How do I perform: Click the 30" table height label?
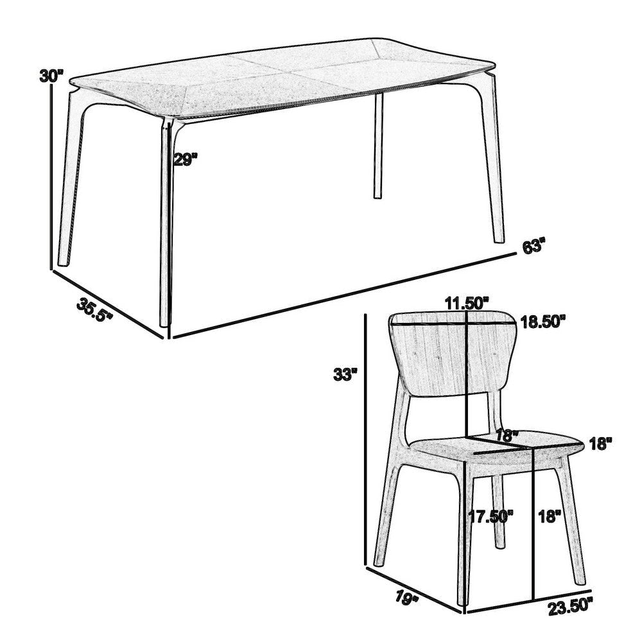click(51, 76)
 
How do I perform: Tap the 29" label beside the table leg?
click(186, 159)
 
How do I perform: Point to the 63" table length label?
click(534, 247)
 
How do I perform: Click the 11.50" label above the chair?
click(467, 304)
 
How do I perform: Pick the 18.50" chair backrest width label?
click(543, 322)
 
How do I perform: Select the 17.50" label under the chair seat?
click(491, 516)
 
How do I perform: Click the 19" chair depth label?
click(406, 596)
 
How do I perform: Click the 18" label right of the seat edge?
click(601, 444)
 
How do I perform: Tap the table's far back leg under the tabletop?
click(377, 145)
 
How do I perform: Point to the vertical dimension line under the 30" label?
click(51, 177)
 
